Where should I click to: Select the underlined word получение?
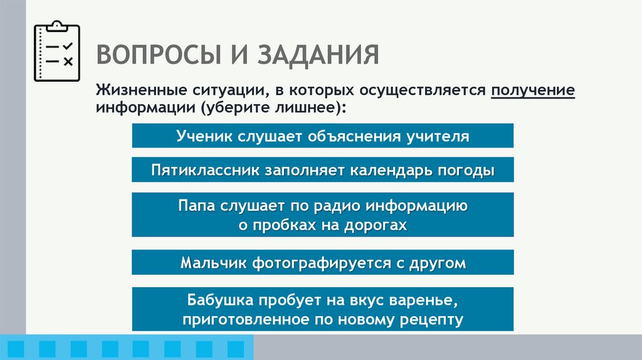point(533,90)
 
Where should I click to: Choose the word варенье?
point(432,300)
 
